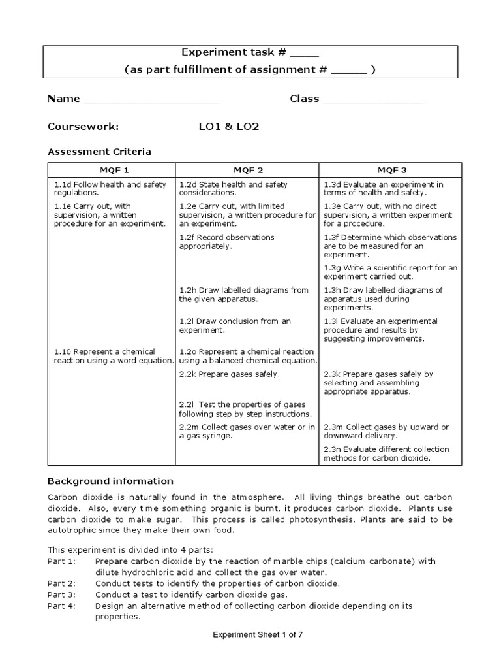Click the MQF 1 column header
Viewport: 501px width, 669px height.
(110, 170)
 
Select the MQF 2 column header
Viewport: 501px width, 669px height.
(247, 170)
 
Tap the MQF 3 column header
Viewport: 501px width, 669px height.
(390, 170)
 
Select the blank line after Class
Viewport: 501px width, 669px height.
(372, 101)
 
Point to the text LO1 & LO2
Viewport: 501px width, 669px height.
(229, 127)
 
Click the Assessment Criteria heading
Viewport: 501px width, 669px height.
(100, 152)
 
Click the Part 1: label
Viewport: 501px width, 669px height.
(62, 561)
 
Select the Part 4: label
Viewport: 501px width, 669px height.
(62, 606)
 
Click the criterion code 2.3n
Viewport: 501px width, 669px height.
(333, 449)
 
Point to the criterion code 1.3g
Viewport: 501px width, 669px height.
(332, 268)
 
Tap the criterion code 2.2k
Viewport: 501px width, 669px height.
(187, 374)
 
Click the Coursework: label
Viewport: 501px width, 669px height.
(83, 127)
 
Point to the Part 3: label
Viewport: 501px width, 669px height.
(62, 595)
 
